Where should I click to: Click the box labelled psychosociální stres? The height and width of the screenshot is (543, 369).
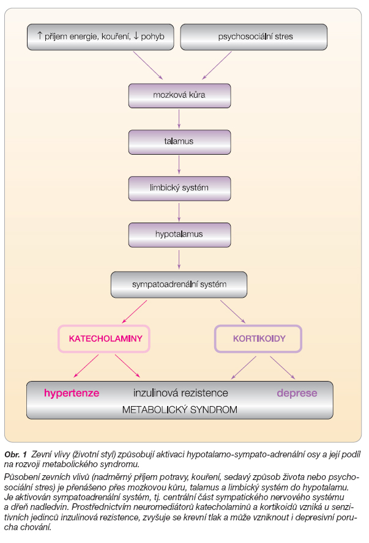[x=253, y=37]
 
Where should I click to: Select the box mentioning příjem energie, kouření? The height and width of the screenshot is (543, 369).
[x=100, y=37]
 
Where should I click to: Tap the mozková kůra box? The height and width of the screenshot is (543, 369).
[x=179, y=95]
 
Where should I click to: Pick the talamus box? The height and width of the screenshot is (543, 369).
[x=179, y=142]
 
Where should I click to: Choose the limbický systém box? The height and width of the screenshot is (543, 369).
[x=179, y=188]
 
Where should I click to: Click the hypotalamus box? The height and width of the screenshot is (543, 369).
[x=179, y=235]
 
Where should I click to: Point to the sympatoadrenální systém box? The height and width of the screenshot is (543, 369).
[x=179, y=285]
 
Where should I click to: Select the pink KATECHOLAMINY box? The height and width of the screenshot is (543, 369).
[x=104, y=339]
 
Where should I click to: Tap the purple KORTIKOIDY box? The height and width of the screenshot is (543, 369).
[x=258, y=339]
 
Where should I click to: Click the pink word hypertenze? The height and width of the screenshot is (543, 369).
[x=72, y=393]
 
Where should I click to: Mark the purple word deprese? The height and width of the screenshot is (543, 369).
[x=297, y=393]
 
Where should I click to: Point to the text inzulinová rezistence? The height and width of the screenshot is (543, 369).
[x=181, y=393]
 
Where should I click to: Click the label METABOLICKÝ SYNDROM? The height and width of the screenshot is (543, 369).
[x=179, y=410]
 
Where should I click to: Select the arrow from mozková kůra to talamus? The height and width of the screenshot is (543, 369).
[x=179, y=119]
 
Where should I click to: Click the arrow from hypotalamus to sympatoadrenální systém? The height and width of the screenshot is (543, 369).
[x=179, y=260]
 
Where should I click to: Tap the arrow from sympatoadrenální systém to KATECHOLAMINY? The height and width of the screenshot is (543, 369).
[x=135, y=312]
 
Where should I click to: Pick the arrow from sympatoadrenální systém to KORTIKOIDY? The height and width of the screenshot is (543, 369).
[x=233, y=312]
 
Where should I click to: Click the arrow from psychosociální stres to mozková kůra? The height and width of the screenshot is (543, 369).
[x=217, y=65]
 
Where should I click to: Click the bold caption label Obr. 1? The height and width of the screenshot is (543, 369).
[x=15, y=454]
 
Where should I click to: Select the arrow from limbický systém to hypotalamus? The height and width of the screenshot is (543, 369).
[x=179, y=212]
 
